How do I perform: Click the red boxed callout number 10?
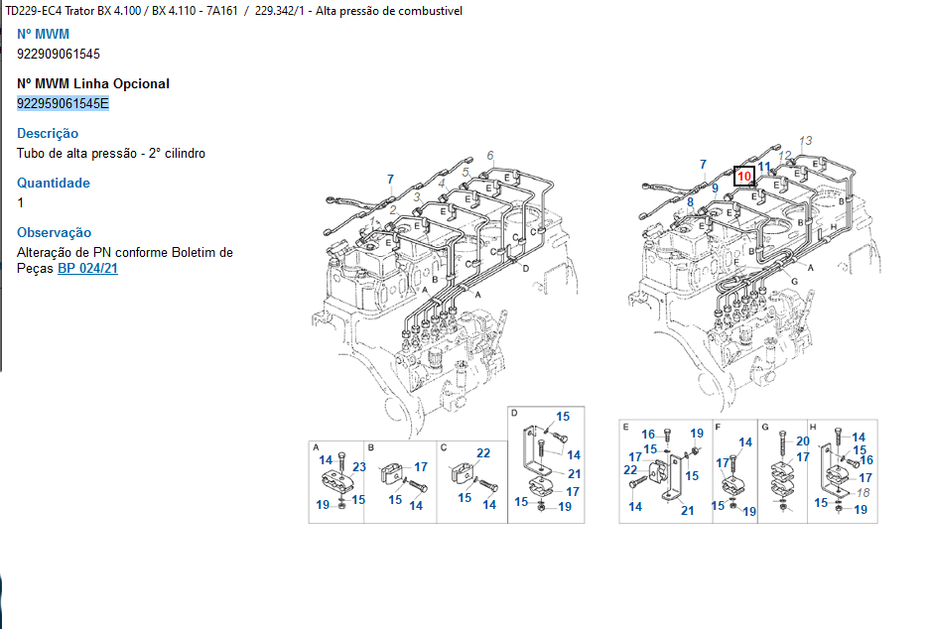click(x=743, y=176)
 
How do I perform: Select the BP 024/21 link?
click(x=87, y=269)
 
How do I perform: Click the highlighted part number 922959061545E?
click(x=63, y=104)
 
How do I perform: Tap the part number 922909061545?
click(x=59, y=54)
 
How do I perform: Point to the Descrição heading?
click(x=48, y=133)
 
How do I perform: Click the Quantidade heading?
click(x=54, y=183)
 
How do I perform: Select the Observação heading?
click(x=54, y=232)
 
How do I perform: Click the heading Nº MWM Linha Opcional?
click(x=93, y=83)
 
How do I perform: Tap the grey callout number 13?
click(x=806, y=141)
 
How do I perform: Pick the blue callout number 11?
click(x=764, y=167)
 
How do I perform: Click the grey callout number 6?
click(x=490, y=156)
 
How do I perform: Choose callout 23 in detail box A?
click(x=359, y=466)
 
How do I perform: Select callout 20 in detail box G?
click(x=803, y=441)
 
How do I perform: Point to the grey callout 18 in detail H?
click(x=863, y=493)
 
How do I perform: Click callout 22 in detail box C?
click(x=483, y=453)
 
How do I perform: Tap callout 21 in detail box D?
click(x=574, y=473)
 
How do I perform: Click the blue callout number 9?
click(x=716, y=188)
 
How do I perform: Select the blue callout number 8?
click(x=690, y=202)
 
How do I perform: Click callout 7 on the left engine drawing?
click(x=390, y=179)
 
